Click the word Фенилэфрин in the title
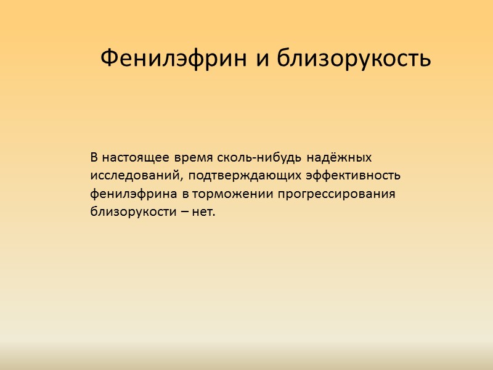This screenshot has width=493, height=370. click(x=174, y=59)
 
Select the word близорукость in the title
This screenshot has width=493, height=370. click(x=353, y=59)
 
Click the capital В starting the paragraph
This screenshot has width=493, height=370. click(x=94, y=157)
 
